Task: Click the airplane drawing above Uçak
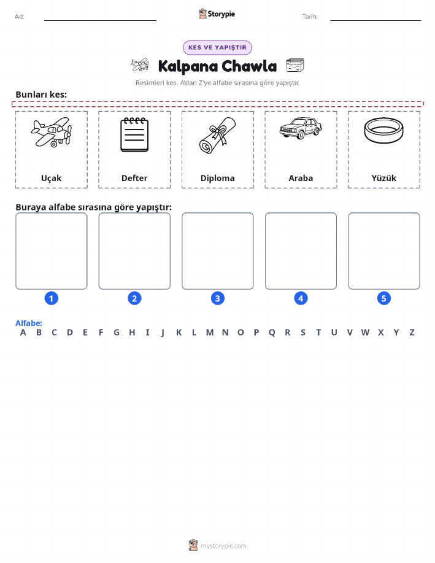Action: tap(52, 132)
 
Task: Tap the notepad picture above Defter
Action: tap(134, 134)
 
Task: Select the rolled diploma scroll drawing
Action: tap(217, 135)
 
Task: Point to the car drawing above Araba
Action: tap(301, 128)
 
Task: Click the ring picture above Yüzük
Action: tap(383, 130)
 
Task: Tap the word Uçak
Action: tap(52, 179)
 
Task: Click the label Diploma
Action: tap(217, 179)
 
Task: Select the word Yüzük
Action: tap(383, 178)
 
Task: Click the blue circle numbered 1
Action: tap(52, 298)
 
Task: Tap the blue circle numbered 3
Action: tap(217, 298)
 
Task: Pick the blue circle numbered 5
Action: tap(383, 298)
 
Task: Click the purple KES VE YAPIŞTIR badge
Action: tap(217, 48)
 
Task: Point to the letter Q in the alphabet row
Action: tap(272, 333)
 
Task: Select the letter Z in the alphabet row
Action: tap(412, 333)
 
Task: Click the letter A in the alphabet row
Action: tap(23, 333)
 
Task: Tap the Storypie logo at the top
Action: tap(217, 14)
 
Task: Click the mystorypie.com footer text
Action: tap(223, 546)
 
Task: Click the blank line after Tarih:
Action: tap(375, 20)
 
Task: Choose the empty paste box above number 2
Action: tap(134, 251)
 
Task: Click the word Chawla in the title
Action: tap(249, 66)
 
